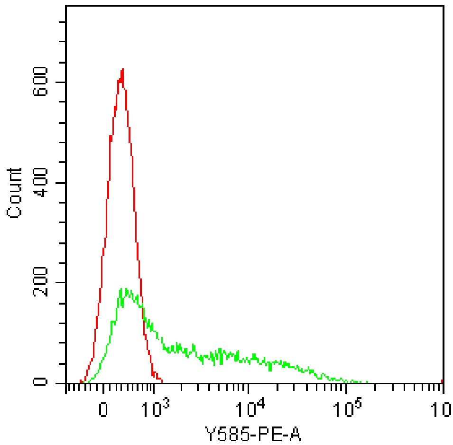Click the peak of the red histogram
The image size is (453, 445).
pos(123,69)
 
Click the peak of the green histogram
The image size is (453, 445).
pos(121,288)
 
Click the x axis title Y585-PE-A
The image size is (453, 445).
pos(254,433)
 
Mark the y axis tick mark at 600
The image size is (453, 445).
pos(61,82)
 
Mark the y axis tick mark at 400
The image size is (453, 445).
pos(61,183)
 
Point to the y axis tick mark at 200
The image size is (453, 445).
pos(61,283)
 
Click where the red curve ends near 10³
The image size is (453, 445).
pos(162,381)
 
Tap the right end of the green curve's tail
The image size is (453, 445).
pos(367,381)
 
